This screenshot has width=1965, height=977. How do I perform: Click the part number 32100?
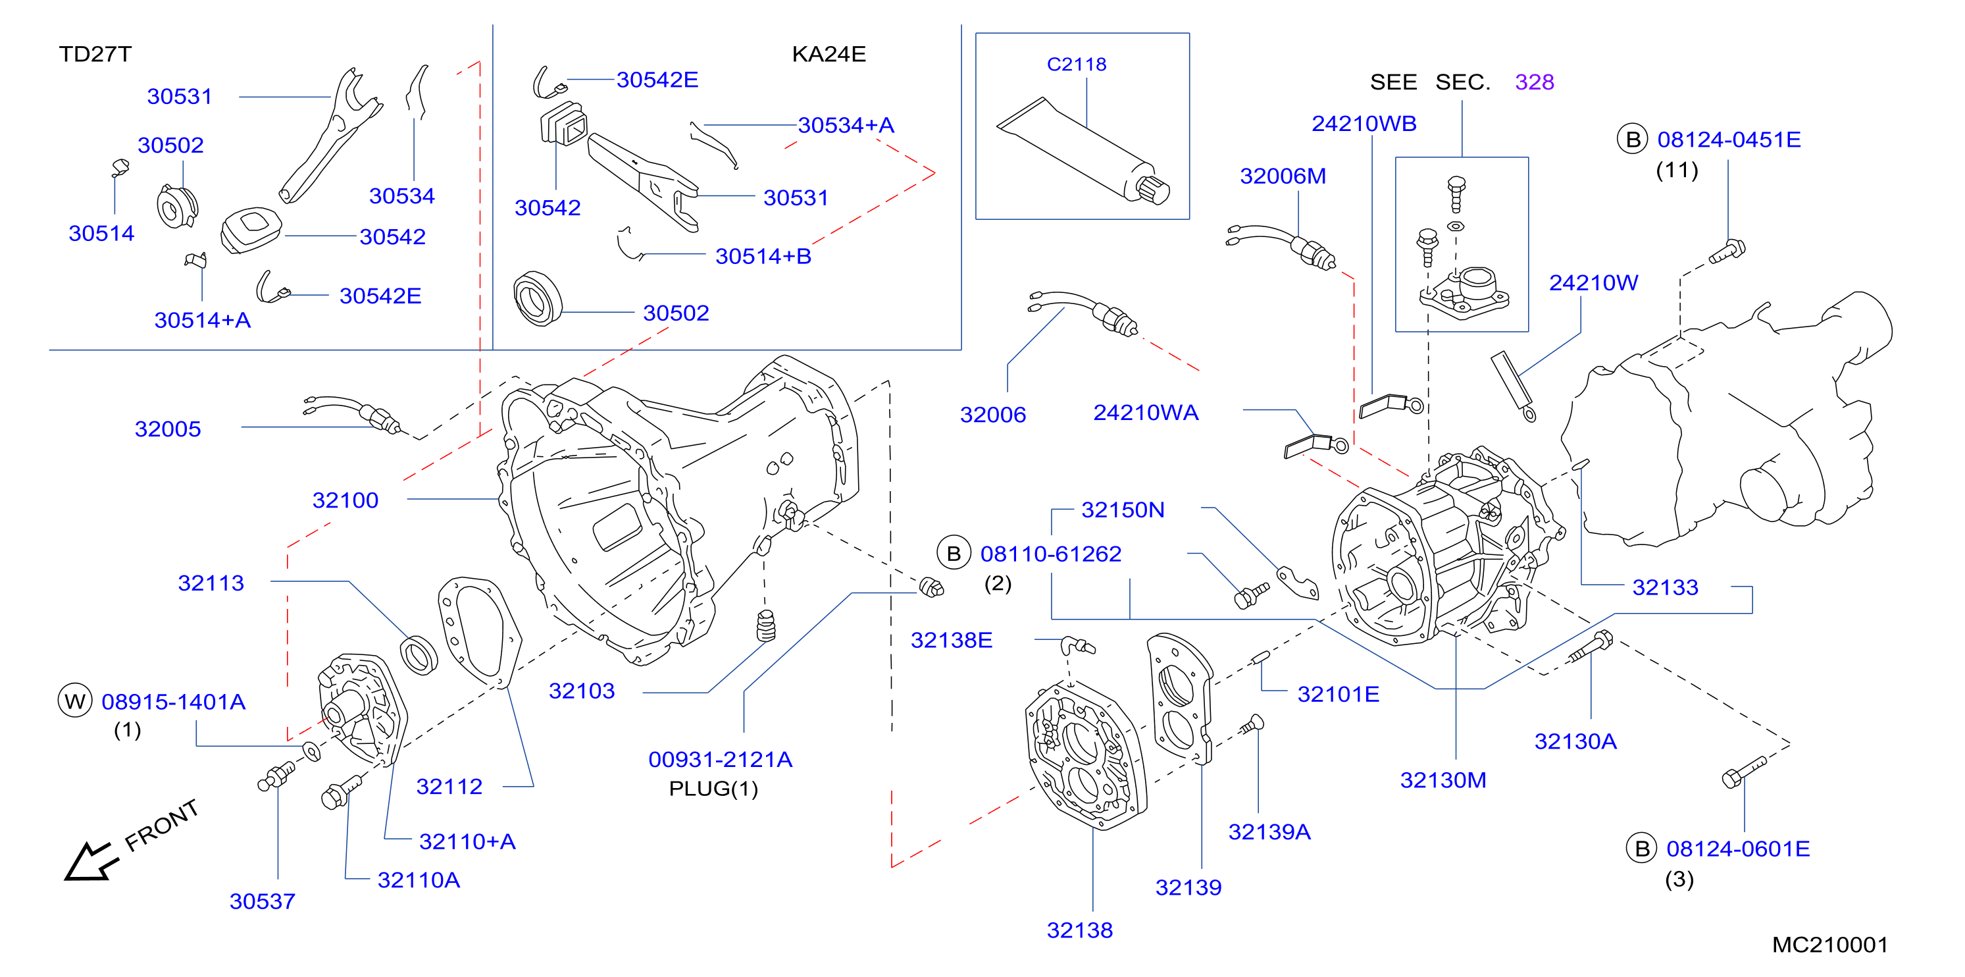point(345,501)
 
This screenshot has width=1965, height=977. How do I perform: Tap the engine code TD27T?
point(95,54)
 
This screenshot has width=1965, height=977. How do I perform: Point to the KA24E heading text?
point(829,54)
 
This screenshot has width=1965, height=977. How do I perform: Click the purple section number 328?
point(1534,82)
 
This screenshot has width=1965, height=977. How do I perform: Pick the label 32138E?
point(951,641)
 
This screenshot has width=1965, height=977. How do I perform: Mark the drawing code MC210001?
point(1829,945)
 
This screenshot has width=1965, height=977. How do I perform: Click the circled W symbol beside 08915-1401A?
point(75,700)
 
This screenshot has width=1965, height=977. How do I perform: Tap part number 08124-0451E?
point(1729,140)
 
